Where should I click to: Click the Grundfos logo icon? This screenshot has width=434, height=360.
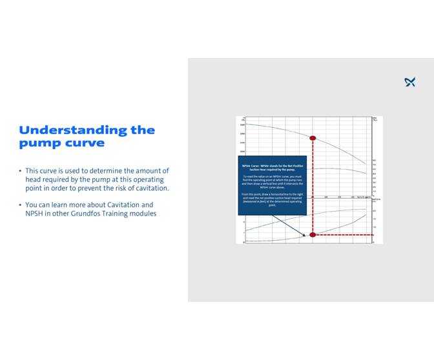409,82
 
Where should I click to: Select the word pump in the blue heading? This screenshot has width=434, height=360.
39,143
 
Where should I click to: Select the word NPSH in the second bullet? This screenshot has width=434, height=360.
34,214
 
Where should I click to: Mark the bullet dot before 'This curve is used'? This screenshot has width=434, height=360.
20,171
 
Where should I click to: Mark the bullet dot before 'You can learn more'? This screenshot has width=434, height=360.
20,205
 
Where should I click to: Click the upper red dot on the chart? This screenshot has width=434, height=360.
313,138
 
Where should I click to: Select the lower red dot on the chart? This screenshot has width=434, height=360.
313,235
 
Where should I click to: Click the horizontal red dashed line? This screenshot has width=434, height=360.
342,235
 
